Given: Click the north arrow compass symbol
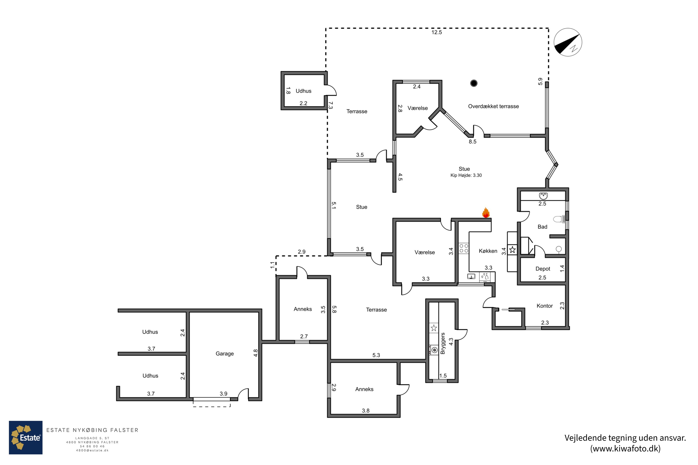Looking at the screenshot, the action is pyautogui.click(x=568, y=42).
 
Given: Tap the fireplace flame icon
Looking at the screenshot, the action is pyautogui.click(x=486, y=213).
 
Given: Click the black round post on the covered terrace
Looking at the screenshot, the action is pyautogui.click(x=474, y=83).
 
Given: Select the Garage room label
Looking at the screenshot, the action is pyautogui.click(x=225, y=353).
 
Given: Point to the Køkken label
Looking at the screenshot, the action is pyautogui.click(x=488, y=251).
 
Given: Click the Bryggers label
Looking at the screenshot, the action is pyautogui.click(x=443, y=343).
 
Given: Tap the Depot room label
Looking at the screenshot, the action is pyautogui.click(x=543, y=269).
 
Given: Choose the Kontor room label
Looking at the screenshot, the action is pyautogui.click(x=545, y=306).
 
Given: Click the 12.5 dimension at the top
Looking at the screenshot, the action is pyautogui.click(x=436, y=32).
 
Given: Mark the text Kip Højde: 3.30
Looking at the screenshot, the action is pyautogui.click(x=466, y=175).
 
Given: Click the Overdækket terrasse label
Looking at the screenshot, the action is pyautogui.click(x=493, y=106).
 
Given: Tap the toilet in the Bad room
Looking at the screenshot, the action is pyautogui.click(x=559, y=219).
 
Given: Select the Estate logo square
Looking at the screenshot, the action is pyautogui.click(x=26, y=437).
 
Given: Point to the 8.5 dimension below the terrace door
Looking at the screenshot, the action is pyautogui.click(x=473, y=142).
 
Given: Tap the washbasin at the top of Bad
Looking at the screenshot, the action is pyautogui.click(x=543, y=196).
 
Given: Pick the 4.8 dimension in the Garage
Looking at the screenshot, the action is pyautogui.click(x=255, y=353).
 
